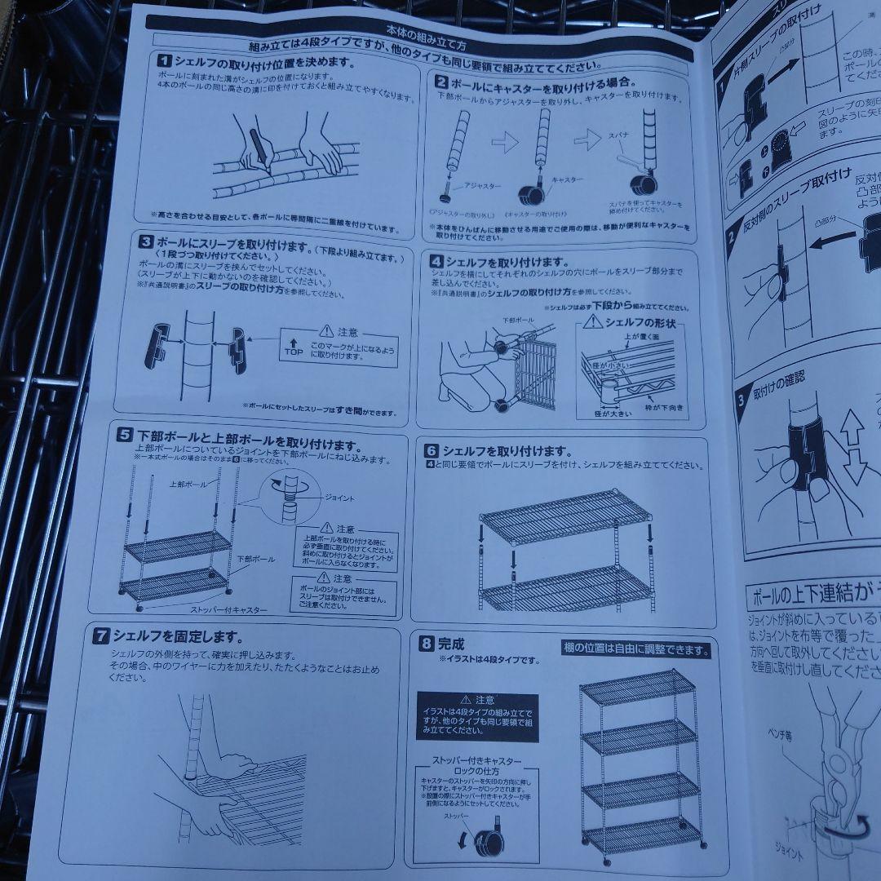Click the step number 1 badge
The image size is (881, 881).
tap(163, 61)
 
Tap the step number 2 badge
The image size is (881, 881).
tap(440, 82)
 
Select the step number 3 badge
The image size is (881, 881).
tap(145, 241)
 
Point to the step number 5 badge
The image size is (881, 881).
tap(125, 435)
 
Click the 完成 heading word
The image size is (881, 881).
tap(451, 643)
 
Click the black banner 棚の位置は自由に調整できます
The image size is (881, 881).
tap(636, 650)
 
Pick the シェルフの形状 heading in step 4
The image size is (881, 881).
tap(634, 323)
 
